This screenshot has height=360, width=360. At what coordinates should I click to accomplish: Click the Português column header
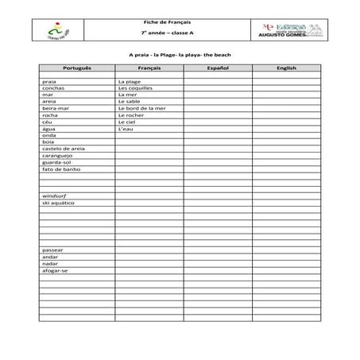tap(77, 68)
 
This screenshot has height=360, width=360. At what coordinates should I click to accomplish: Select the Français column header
tap(149, 68)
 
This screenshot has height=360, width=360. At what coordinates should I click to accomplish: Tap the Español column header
tap(217, 68)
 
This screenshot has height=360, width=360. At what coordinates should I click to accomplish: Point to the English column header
tap(286, 68)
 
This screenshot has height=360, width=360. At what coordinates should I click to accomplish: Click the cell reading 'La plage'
tap(129, 82)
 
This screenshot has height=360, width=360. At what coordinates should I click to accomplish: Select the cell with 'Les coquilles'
tap(133, 88)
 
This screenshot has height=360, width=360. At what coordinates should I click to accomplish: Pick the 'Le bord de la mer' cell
tap(141, 108)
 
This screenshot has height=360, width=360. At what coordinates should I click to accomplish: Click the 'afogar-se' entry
tap(55, 270)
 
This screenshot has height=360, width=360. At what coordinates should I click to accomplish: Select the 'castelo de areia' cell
tap(63, 149)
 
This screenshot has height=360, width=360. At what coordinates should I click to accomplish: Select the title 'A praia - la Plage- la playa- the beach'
tap(180, 55)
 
